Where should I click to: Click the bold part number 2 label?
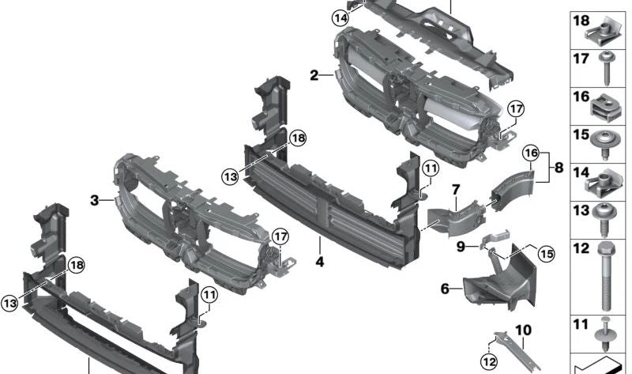(314, 76)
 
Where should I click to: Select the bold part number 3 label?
(94, 201)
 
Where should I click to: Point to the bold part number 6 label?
(445, 289)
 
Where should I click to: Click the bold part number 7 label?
(456, 190)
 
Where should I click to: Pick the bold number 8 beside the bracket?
(559, 168)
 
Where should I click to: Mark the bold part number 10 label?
(523, 329)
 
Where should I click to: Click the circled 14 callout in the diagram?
(340, 17)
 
